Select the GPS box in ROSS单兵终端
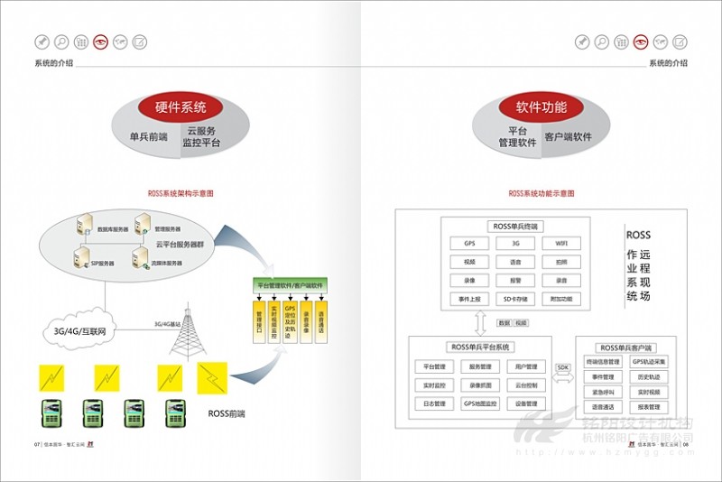pos(469,244)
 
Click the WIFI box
pos(561,244)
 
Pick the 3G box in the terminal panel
pos(515,244)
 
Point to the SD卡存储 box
pos(515,299)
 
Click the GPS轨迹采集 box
pos(649,362)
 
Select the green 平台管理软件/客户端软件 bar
pos(291,284)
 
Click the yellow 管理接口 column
pos(259,320)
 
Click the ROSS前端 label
pos(227,413)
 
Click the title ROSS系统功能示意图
pos(541,193)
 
